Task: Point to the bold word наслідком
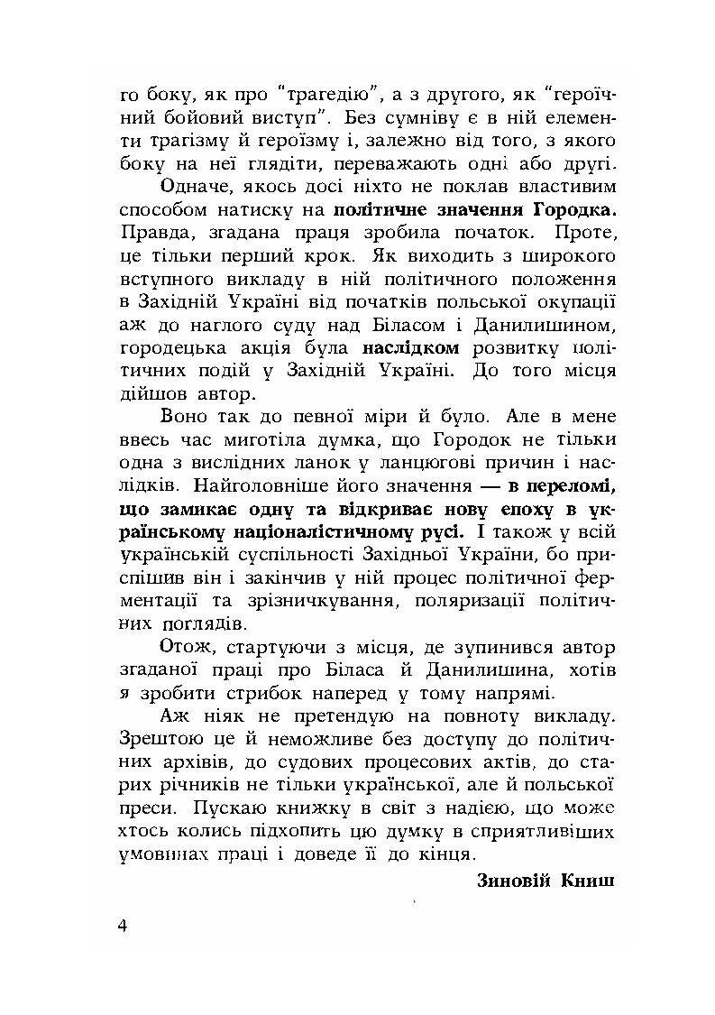coord(411,346)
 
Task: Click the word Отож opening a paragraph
coord(187,647)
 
